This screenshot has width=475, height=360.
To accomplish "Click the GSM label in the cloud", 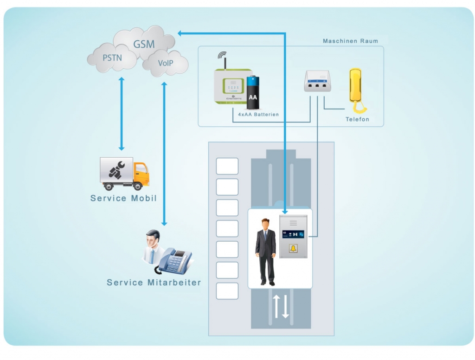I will coord(144,45).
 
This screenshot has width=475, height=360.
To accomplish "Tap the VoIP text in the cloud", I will coord(165,63).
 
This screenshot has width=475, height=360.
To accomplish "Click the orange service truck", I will coord(124,174).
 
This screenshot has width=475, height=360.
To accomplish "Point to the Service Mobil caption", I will coord(123,199).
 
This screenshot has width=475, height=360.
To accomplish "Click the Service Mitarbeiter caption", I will coord(154,282).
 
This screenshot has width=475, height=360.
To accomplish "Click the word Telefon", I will coord(357,119).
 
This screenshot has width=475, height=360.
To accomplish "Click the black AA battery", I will coord(253,92).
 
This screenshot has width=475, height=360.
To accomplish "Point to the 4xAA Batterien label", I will coord(255,114).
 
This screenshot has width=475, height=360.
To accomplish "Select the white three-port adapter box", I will coord(317,81).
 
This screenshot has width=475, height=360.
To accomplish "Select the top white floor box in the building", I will coord(227,166).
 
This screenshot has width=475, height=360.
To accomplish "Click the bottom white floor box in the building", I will coord(227,291).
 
